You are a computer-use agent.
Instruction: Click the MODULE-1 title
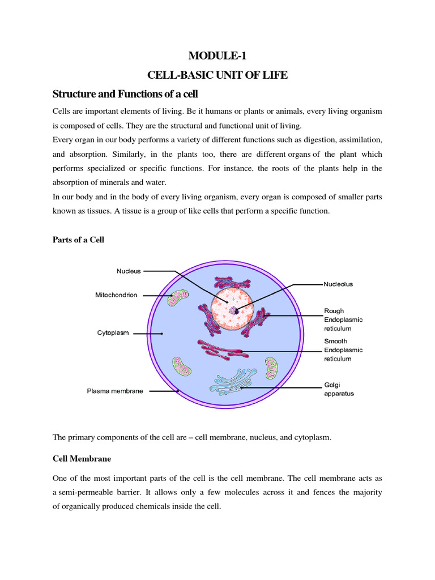[x=217, y=56]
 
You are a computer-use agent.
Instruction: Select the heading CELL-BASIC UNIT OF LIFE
[x=217, y=74]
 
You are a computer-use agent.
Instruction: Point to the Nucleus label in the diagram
[x=129, y=271]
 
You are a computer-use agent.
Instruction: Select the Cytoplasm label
[x=113, y=334]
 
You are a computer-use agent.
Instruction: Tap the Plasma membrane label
[x=115, y=391]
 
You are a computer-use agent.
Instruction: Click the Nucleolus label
[x=338, y=284]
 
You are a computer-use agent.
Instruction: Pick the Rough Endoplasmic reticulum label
[x=343, y=319]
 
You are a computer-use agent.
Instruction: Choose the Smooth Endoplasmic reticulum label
[x=343, y=350]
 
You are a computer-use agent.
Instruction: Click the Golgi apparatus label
[x=339, y=389]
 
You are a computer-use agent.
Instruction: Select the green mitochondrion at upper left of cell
[x=180, y=297]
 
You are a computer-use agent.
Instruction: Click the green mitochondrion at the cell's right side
[x=272, y=368]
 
